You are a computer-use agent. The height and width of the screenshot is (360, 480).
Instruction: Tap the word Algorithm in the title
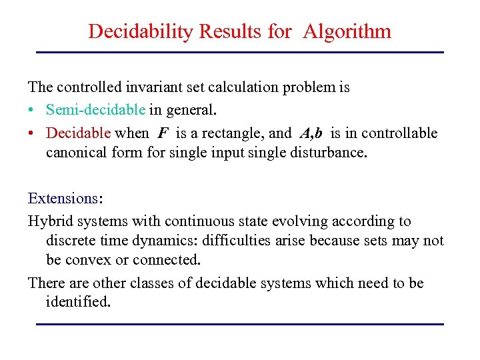pyautogui.click(x=347, y=31)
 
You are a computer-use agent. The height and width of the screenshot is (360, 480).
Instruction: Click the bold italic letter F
pyautogui.click(x=163, y=133)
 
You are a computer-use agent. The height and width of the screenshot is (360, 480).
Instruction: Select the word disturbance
pyautogui.click(x=327, y=153)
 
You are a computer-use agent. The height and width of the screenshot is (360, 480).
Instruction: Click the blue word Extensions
pyautogui.click(x=63, y=198)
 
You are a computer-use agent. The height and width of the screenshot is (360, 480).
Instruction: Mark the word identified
pyautogui.click(x=77, y=302)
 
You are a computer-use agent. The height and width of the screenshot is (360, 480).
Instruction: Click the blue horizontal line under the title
pyautogui.click(x=239, y=52)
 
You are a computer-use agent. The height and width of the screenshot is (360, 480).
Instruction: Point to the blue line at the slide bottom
pyautogui.click(x=239, y=324)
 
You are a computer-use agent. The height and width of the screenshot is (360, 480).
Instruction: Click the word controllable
pyautogui.click(x=397, y=133)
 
